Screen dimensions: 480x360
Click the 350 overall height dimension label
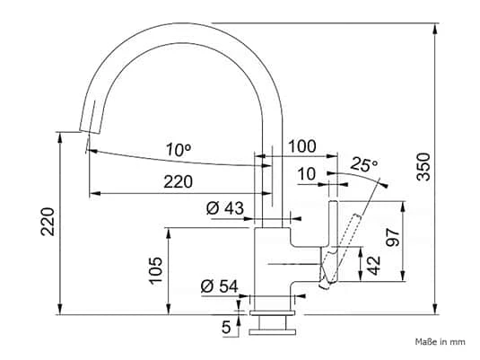424,167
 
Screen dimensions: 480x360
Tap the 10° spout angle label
179,150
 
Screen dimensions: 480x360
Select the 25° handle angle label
364,164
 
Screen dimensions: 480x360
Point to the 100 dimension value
302,146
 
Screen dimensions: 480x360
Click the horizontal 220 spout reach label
179,181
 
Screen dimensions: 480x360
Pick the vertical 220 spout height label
48,222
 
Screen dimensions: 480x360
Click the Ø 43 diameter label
225,208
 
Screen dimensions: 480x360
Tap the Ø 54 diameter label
220,286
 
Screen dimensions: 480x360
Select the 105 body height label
156,271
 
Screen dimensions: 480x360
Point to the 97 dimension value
393,237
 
